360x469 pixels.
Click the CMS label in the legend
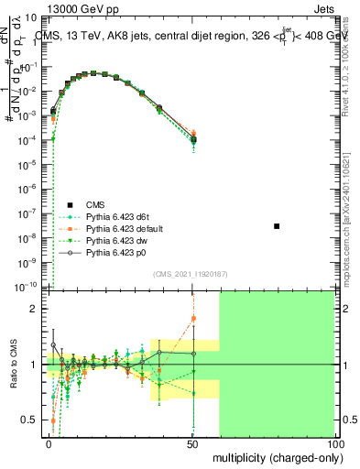97,204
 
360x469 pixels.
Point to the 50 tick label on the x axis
192,442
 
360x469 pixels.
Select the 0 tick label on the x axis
49,442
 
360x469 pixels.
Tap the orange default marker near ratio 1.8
193,319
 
